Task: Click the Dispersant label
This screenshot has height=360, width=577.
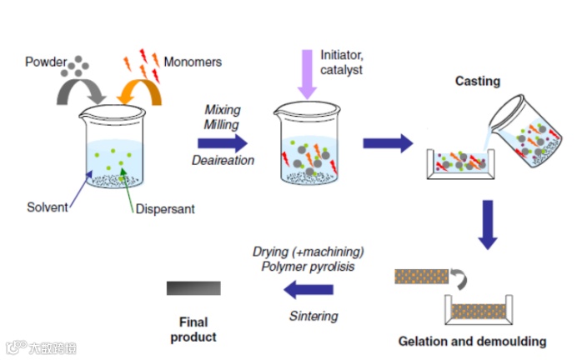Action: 164,209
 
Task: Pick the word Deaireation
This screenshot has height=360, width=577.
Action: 223,160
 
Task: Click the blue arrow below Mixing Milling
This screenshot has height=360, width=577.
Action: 223,142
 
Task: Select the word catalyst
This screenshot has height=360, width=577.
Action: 342,71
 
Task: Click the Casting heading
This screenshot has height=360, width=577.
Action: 477,81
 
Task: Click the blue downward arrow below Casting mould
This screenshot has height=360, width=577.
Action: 487,223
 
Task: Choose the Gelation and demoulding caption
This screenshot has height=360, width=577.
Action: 472,342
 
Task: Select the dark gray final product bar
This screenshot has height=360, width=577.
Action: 193,288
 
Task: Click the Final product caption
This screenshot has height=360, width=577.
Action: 193,329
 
